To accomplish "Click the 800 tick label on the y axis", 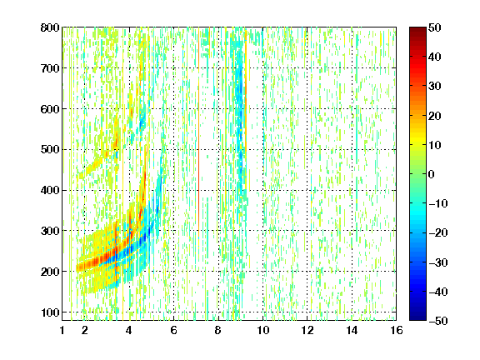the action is coord(50,27).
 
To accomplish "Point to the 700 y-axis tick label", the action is coord(50,68).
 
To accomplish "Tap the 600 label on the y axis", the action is coord(50,109).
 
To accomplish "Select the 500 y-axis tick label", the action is coord(50,150).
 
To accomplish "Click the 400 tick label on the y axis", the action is coord(50,190).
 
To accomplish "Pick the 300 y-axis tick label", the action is coord(50,231).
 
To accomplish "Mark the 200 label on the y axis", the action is coord(50,272).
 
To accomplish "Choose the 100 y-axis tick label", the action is coord(50,312).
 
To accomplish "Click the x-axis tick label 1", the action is coord(62,330).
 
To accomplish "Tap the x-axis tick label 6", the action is coord(174,330).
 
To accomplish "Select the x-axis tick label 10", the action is coord(263,330).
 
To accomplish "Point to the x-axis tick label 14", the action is coord(352,330).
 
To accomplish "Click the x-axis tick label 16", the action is coord(397,330).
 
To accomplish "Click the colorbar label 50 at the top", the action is coord(434,27).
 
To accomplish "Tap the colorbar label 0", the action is coord(432,174).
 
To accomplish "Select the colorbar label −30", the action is coord(437,262).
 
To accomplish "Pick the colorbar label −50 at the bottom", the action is coord(437,321).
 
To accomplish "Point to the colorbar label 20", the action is coord(434,116).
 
